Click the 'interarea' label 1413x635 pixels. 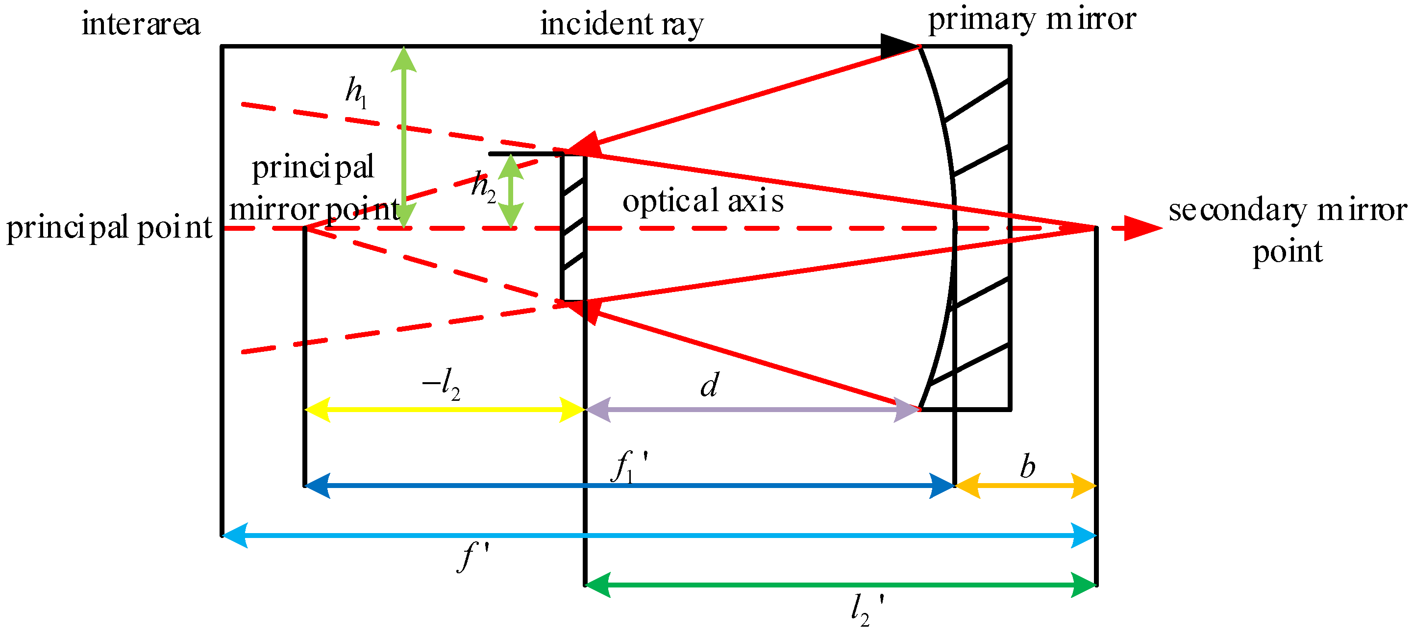tap(141, 24)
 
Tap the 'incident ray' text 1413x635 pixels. tap(621, 24)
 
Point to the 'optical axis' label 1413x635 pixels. tap(703, 201)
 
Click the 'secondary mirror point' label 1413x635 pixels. tap(1288, 230)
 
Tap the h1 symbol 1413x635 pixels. tap(355, 92)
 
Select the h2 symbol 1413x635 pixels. tap(483, 187)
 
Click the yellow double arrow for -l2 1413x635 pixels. tap(445, 410)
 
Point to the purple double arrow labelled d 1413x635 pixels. tap(752, 410)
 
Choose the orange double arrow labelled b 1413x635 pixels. tap(1026, 486)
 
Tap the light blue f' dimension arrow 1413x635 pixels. tap(658, 535)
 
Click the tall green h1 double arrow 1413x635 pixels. tap(404, 137)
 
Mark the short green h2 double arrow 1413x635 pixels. tap(511, 191)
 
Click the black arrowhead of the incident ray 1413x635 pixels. tap(898, 47)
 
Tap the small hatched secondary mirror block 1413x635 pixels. tap(573, 227)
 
